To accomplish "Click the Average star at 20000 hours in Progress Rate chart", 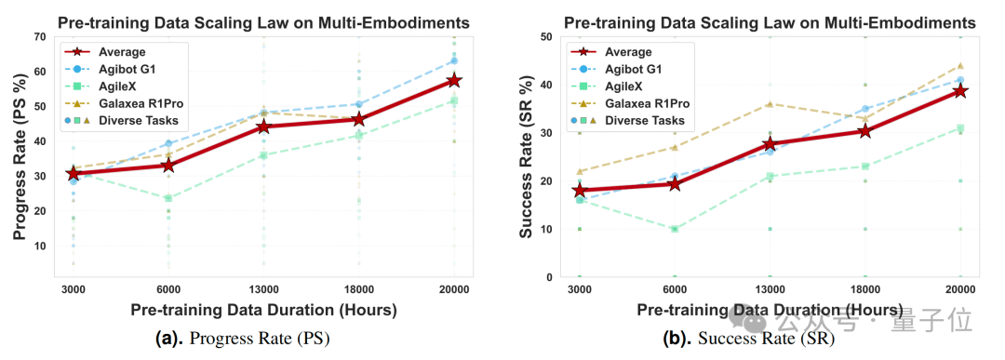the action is pos(454,80).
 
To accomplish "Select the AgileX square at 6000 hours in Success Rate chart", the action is pos(675,229).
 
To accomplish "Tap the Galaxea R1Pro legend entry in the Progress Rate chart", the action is pos(136,104).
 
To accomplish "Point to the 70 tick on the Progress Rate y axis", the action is pos(39,36).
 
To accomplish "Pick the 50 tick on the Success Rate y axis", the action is pos(545,36).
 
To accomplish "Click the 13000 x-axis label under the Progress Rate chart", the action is pos(263,289).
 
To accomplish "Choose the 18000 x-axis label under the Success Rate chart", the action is pos(865,289).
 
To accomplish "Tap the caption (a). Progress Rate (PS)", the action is pos(242,340).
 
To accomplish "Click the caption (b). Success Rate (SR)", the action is pos(747,340).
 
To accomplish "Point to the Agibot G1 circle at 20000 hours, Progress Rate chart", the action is pos(454,60).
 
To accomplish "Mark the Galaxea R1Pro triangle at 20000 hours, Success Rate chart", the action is pos(960,65).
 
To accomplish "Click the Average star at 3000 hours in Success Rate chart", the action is pos(580,191).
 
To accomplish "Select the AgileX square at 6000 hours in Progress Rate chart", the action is pos(167,198).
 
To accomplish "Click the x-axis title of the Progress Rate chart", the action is pos(263,312).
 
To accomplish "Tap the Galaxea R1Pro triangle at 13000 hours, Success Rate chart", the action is pos(770,104).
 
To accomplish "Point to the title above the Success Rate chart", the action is pos(770,23).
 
